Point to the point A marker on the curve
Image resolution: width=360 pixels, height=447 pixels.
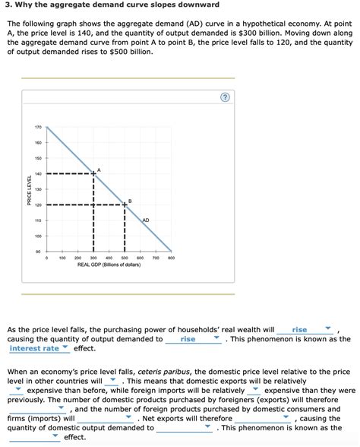coord(93,174)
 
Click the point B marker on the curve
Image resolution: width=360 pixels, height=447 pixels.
coord(125,204)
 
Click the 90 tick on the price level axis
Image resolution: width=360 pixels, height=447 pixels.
coord(38,251)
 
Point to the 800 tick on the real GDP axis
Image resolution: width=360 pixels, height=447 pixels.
coord(171,258)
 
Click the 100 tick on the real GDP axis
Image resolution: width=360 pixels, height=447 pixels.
coord(62,258)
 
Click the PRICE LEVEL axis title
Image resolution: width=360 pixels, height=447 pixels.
coord(30,189)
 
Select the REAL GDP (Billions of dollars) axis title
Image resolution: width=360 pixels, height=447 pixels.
coord(109,265)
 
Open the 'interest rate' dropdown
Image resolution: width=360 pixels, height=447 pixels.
coord(39,348)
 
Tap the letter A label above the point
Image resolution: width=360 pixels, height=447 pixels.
coord(99,169)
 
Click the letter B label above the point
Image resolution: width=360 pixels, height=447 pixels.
coord(130,200)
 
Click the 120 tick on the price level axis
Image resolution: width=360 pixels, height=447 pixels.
coord(38,204)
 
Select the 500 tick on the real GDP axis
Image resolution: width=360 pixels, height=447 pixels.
coord(125,258)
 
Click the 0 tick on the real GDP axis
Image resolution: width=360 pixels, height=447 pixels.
coord(46,258)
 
